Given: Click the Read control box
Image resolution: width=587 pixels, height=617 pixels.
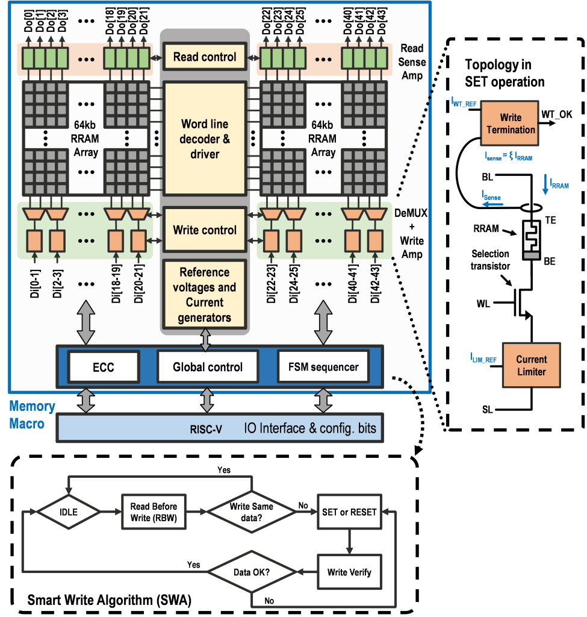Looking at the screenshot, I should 205,57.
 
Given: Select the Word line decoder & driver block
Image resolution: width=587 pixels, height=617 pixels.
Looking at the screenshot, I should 205,139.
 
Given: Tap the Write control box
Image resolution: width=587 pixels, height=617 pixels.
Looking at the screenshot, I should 205,230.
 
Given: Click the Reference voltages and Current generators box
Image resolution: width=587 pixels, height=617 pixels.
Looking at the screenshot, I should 205,295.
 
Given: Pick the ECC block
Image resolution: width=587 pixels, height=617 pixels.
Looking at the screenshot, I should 103,366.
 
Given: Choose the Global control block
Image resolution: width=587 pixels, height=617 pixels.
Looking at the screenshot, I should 208,366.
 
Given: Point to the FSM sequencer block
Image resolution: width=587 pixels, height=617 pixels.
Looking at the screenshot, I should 323,366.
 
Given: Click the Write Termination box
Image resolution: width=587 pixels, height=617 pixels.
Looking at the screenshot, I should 509,123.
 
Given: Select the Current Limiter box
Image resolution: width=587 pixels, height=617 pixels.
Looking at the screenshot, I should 531,365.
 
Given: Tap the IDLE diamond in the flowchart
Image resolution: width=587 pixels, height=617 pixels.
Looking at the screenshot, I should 67,512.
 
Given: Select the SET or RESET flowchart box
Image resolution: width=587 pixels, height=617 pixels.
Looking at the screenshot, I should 349,512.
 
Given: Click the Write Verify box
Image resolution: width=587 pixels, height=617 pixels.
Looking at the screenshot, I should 349,572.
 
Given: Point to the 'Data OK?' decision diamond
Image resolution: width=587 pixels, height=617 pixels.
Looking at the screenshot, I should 251,572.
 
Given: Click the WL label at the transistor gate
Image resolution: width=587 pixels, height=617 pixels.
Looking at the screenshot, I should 483,303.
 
